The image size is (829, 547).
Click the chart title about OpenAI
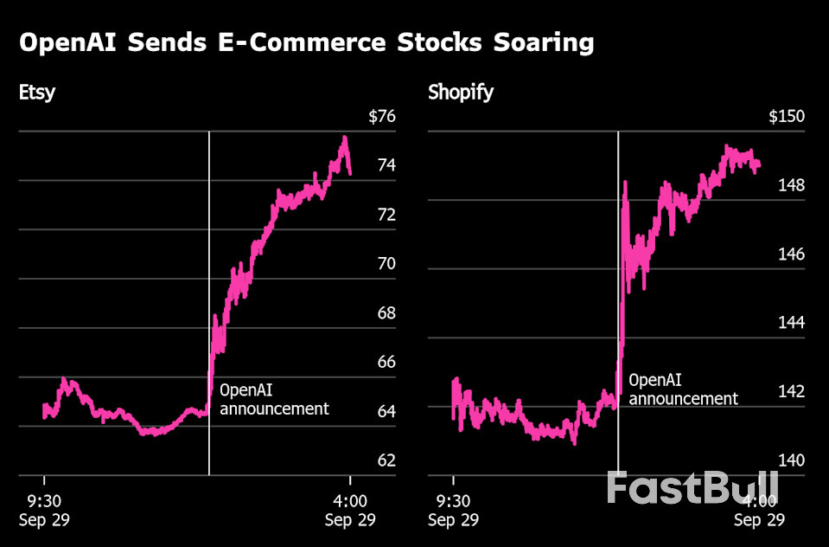[x=306, y=42]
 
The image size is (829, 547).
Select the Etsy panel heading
[x=37, y=92]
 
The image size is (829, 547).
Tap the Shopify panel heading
[x=461, y=92]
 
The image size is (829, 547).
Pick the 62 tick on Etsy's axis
[x=386, y=460]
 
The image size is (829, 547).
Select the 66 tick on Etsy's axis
[x=386, y=362]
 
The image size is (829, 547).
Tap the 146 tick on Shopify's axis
[x=790, y=254]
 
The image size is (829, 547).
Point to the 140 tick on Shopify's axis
[x=790, y=460]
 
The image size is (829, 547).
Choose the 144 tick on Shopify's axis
[x=790, y=322]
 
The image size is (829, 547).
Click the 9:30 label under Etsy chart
[x=44, y=501]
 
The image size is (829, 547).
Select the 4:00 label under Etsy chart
[x=349, y=501]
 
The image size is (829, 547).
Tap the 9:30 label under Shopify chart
[x=453, y=501]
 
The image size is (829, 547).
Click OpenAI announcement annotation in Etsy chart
[x=274, y=399]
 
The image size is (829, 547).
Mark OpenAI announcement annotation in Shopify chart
[x=683, y=389]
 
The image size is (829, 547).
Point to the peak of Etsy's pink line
[x=345, y=138]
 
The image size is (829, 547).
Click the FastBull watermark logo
[x=692, y=489]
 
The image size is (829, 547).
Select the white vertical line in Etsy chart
[x=209, y=260]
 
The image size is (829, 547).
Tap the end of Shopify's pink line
[x=758, y=164]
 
